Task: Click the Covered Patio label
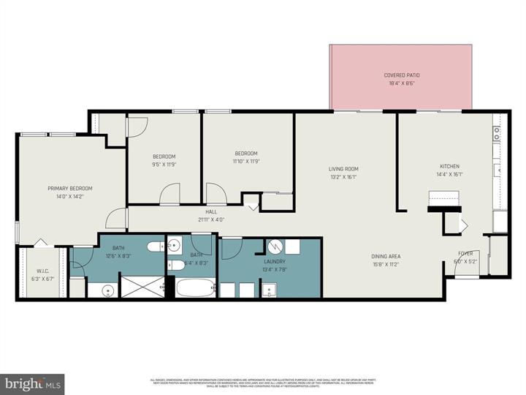coord(402,75)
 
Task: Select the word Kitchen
coord(449,165)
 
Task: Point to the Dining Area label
coord(384,256)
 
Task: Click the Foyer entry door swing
coord(465,268)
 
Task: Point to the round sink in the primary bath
coord(108,290)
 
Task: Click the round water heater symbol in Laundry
coord(275,247)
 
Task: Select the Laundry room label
coord(275,261)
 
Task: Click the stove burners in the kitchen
coord(496,134)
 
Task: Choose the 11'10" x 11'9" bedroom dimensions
coord(246,162)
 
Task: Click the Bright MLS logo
coord(32,383)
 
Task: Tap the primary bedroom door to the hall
coord(114,217)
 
